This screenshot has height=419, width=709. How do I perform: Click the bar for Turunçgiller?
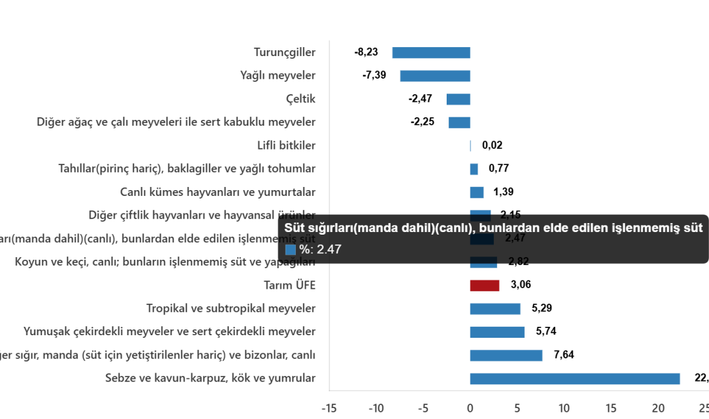[431, 53]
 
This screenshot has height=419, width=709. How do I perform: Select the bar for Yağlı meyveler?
[434, 76]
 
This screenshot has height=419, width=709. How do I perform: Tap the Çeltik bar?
[458, 99]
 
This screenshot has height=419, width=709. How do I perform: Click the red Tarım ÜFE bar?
[484, 285]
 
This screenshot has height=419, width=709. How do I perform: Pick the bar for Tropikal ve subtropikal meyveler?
[494, 309]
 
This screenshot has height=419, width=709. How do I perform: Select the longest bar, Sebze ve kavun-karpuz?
[574, 378]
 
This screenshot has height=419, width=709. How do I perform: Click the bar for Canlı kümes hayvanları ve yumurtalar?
[476, 192]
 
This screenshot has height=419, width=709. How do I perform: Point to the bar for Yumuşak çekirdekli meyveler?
[497, 332]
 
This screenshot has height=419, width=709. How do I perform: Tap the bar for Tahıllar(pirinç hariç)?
[474, 169]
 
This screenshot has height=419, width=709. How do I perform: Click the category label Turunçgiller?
[284, 53]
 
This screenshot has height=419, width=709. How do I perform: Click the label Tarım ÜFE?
[289, 285]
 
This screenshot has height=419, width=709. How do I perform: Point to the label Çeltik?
[300, 99]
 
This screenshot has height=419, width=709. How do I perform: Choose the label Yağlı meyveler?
[277, 76]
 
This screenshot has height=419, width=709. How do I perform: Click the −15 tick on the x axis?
[329, 407]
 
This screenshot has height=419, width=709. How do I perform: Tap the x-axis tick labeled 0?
[470, 407]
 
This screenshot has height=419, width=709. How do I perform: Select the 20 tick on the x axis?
[658, 407]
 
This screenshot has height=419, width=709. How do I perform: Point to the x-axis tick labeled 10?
[564, 407]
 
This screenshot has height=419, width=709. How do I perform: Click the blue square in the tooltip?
[290, 249]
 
